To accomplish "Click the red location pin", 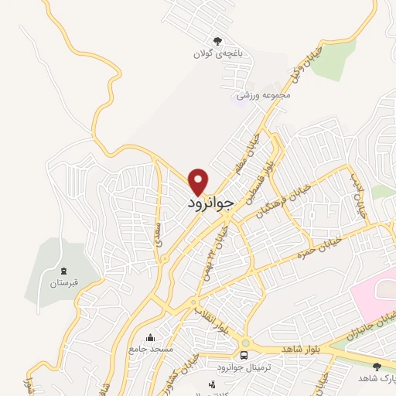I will pyautogui.click(x=199, y=180).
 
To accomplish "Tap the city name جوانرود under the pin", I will pyautogui.click(x=210, y=203).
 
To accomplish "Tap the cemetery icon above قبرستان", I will pyautogui.click(x=63, y=271).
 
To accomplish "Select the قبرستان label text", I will pyautogui.click(x=63, y=284).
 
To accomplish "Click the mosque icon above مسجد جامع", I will pyautogui.click(x=151, y=337).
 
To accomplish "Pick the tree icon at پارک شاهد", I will pyautogui.click(x=377, y=367).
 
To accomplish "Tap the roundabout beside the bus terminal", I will pyautogui.click(x=246, y=343).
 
